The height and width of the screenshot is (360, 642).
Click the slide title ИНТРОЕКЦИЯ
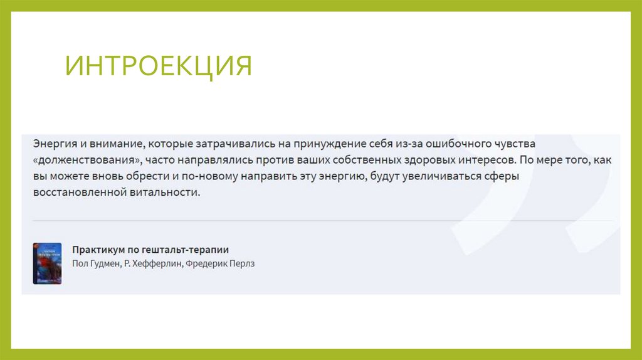tap(159, 66)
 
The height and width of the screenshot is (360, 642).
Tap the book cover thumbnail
tap(47, 263)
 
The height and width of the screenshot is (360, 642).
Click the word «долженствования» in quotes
tap(88, 160)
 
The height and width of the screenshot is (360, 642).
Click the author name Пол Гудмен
tap(96, 264)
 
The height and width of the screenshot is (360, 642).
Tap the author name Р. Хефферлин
tap(152, 264)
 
